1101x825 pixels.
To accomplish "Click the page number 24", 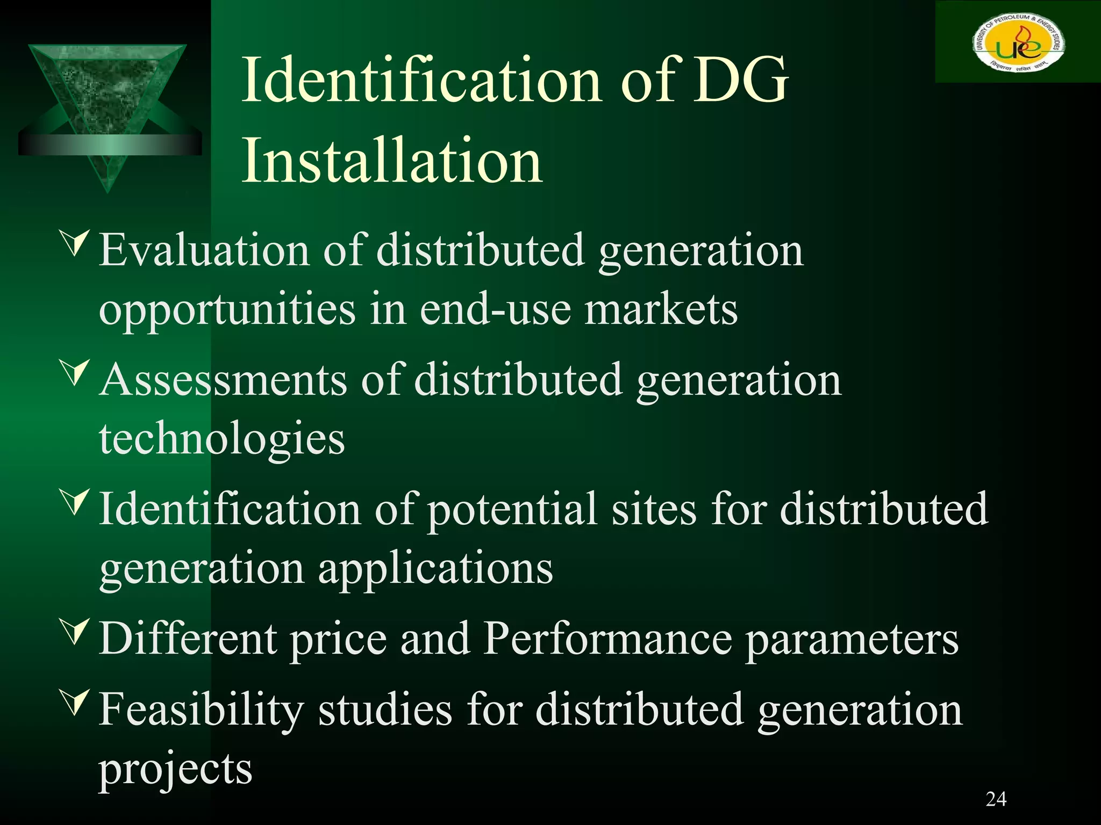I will (996, 799).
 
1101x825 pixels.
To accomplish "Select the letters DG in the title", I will (740, 81).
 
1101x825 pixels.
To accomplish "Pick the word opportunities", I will (227, 310).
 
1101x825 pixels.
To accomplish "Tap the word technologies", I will (221, 439).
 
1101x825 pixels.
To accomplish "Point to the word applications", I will (435, 569).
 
